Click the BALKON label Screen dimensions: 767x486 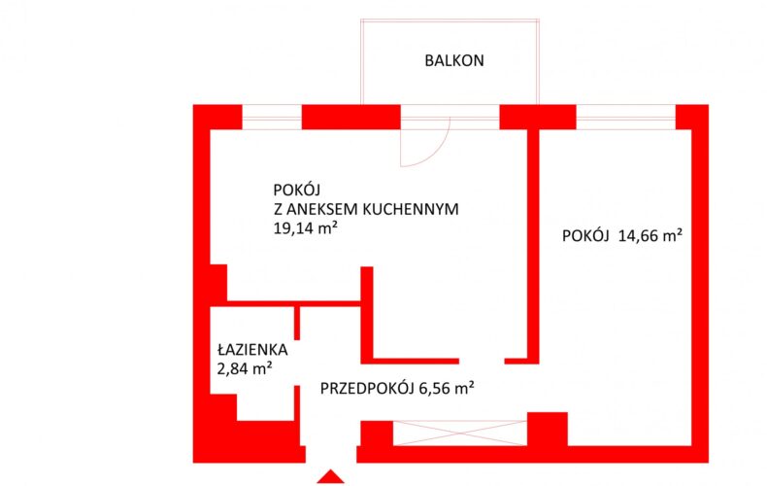pyautogui.click(x=454, y=60)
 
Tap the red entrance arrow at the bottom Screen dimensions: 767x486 pyautogui.click(x=331, y=477)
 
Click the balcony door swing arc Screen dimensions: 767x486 pyautogui.click(x=434, y=151)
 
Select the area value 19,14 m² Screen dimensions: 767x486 pyautogui.click(x=305, y=227)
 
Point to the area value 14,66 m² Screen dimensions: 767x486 pyautogui.click(x=650, y=235)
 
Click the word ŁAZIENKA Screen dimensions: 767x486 pyautogui.click(x=252, y=349)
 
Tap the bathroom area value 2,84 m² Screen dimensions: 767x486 pyautogui.click(x=244, y=368)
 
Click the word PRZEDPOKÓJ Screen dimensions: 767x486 pyautogui.click(x=368, y=388)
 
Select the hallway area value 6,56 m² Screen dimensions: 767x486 pyautogui.click(x=446, y=388)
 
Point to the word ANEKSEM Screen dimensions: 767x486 pyautogui.click(x=322, y=209)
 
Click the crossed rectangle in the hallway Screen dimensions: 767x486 pyautogui.click(x=460, y=434)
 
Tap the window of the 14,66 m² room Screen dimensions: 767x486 pyautogui.click(x=626, y=117)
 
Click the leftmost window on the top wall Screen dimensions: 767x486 pyautogui.click(x=272, y=117)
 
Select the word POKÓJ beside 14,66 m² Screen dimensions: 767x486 pyautogui.click(x=585, y=235)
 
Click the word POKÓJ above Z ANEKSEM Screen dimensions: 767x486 pyautogui.click(x=297, y=190)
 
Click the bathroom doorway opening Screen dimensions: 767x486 pyautogui.click(x=296, y=363)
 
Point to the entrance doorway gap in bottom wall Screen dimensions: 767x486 pyautogui.click(x=331, y=454)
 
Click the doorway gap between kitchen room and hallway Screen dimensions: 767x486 pyautogui.click(x=482, y=361)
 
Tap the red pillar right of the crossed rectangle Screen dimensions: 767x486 pyautogui.click(x=548, y=429)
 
